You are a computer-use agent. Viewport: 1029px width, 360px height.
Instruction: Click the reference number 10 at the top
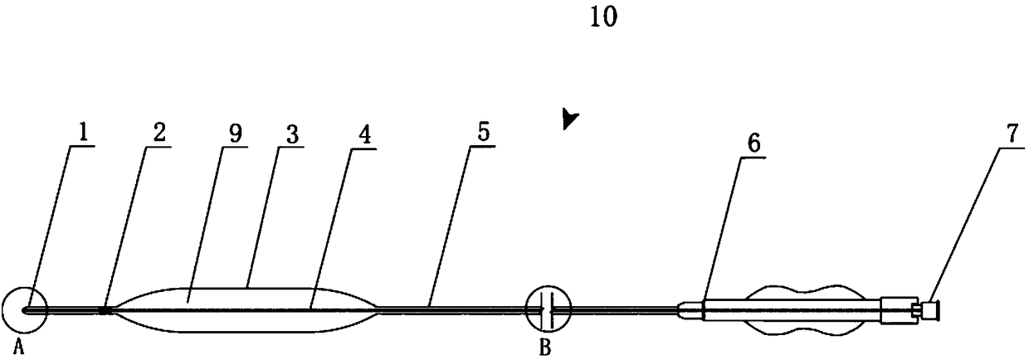[603, 18]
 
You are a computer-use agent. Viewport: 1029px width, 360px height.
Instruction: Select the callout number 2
[158, 131]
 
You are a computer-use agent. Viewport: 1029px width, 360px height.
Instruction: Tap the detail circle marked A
[24, 311]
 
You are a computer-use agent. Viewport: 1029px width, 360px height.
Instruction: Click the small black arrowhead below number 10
[568, 120]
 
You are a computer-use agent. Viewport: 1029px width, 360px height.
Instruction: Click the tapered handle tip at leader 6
[689, 310]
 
